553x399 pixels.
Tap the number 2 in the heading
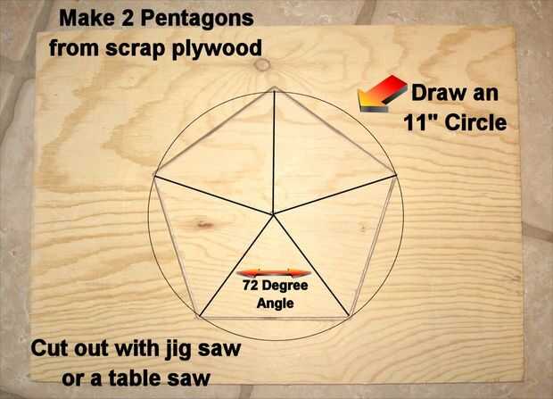(128, 19)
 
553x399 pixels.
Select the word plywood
(217, 49)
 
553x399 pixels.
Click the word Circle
(475, 122)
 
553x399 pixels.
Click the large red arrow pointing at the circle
(382, 94)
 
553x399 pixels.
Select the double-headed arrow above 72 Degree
(274, 273)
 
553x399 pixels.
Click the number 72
(250, 286)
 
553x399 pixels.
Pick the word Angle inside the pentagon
(275, 303)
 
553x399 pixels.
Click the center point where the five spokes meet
(273, 213)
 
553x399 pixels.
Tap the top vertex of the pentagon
(275, 87)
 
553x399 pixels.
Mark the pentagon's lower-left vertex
(199, 317)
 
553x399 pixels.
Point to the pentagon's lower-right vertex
(350, 317)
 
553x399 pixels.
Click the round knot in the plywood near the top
(262, 64)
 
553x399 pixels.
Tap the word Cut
(50, 348)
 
